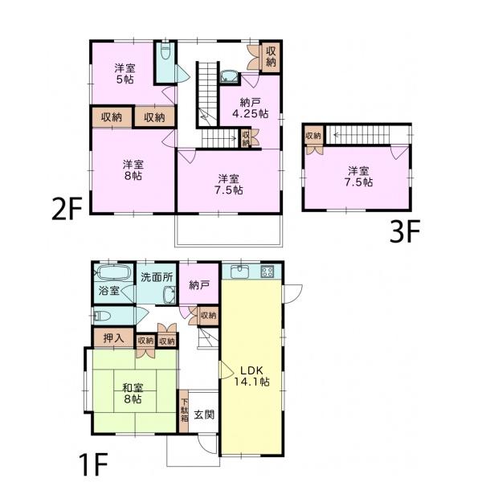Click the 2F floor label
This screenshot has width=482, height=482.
tap(67, 209)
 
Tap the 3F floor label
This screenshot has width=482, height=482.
tap(404, 231)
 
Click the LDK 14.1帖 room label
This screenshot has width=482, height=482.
tap(251, 376)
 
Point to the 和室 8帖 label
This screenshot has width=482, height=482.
tap(133, 394)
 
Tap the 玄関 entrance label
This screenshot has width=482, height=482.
tap(204, 415)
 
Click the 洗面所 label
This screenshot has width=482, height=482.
tap(157, 277)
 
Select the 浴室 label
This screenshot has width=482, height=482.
tap(108, 291)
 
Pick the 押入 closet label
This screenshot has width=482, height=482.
tap(113, 338)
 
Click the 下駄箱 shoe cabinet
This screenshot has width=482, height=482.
tap(184, 411)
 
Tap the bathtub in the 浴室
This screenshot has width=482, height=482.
tap(112, 272)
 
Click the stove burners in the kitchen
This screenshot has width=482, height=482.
tap(267, 272)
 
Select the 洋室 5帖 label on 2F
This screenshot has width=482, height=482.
tap(125, 74)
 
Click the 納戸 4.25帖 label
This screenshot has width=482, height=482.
tap(250, 108)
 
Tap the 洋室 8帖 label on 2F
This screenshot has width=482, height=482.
tap(133, 170)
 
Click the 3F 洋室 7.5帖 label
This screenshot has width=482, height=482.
tap(358, 177)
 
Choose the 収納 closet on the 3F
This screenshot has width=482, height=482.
tap(313, 135)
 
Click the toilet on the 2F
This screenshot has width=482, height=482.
tap(165, 52)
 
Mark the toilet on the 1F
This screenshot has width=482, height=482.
tap(102, 316)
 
